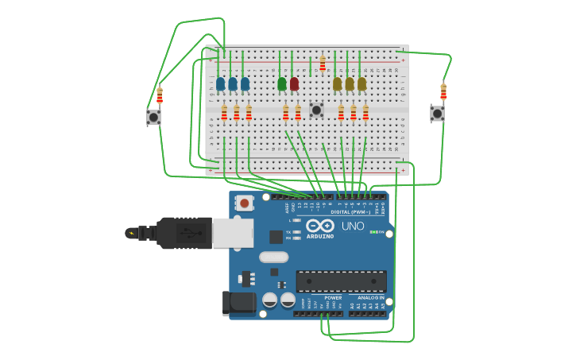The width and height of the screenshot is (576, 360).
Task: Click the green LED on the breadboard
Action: point(282,83)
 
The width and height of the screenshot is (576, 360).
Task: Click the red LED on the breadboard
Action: point(294,83)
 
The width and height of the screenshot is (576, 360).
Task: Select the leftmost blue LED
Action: point(220,83)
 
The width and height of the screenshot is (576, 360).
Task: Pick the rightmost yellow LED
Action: point(361,83)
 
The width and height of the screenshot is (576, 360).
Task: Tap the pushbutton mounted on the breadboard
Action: point(316,110)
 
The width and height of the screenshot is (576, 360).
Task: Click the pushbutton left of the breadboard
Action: point(153,117)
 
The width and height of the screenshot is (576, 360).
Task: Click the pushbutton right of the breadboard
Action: point(437,114)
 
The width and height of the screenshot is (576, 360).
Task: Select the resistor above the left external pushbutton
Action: point(160,96)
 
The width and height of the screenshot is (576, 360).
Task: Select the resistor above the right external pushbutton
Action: point(443,91)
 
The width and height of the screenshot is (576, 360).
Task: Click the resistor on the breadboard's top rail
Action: point(323,63)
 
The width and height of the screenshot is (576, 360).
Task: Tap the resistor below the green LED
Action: point(285,113)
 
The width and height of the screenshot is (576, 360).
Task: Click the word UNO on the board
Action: point(353,226)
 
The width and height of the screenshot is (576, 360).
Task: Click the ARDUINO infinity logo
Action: point(320,226)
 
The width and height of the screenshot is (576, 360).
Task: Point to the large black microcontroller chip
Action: point(341,281)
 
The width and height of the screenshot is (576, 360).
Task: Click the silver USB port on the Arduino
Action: point(233,233)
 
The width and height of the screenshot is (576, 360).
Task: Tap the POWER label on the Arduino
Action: point(333,298)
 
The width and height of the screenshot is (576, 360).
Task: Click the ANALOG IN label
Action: point(371,298)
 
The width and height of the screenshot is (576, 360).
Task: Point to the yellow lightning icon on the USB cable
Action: point(131,233)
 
